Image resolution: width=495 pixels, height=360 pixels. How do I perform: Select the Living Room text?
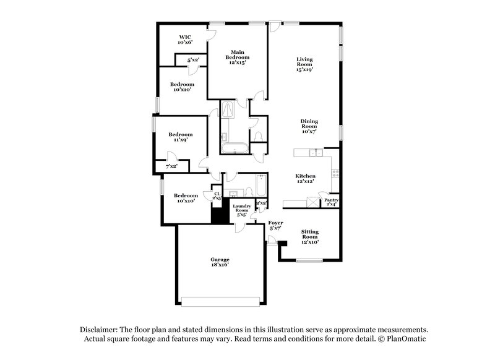point(304,64)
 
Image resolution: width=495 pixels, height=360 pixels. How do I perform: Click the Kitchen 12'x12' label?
point(306,179)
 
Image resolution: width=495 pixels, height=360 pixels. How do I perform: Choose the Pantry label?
point(331,202)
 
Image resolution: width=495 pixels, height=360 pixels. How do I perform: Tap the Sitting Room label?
point(309,236)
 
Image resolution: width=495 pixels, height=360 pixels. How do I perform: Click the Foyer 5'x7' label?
point(275,226)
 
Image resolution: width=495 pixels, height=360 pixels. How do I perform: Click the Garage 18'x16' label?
point(219,262)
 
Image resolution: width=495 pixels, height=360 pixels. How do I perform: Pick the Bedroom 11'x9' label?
point(181,137)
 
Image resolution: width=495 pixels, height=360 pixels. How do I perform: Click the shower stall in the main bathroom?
point(228,109)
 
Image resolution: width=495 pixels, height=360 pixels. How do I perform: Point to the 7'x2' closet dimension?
point(170,166)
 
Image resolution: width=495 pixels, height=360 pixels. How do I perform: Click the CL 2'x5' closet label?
point(217,196)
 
